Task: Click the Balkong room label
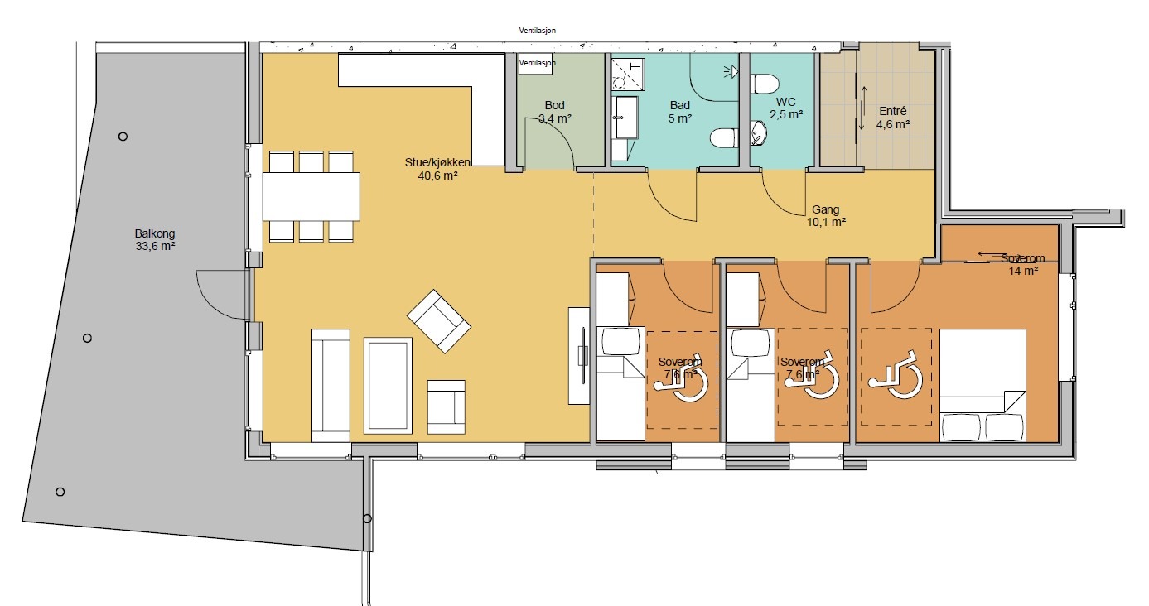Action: pyautogui.click(x=155, y=239)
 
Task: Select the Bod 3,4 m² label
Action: pyautogui.click(x=554, y=112)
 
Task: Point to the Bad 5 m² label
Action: pyautogui.click(x=679, y=112)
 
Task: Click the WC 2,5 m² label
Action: pyautogui.click(x=786, y=108)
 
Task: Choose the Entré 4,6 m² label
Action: pyautogui.click(x=892, y=118)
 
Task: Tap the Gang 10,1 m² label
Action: pyautogui.click(x=826, y=216)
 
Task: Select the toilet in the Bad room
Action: pyautogui.click(x=724, y=138)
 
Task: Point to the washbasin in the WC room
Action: pyautogui.click(x=758, y=134)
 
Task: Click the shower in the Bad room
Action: pyautogui.click(x=628, y=75)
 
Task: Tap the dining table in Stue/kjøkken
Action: pyautogui.click(x=311, y=196)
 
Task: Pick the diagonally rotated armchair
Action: pyautogui.click(x=439, y=321)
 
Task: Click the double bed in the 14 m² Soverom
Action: pyautogui.click(x=982, y=385)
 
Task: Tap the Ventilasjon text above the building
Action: pyautogui.click(x=537, y=31)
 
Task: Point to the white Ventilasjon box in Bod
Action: pyautogui.click(x=535, y=64)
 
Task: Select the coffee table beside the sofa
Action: pyautogui.click(x=388, y=386)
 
